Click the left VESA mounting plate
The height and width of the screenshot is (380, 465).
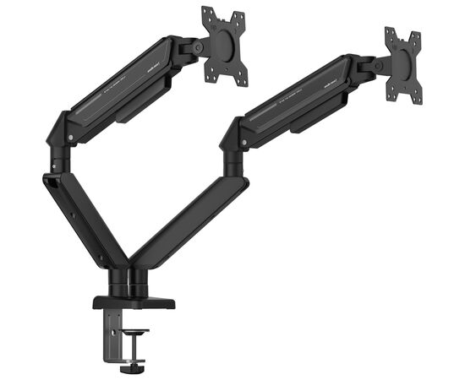[x=223, y=46]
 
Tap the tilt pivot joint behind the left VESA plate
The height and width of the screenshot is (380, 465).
[x=196, y=48]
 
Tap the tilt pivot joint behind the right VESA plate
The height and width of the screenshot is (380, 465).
[x=376, y=65]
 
